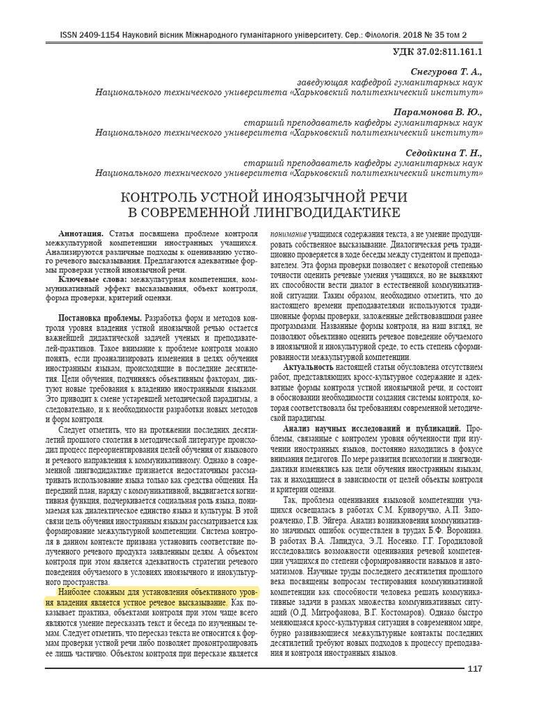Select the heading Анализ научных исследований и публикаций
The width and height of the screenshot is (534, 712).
point(369,429)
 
